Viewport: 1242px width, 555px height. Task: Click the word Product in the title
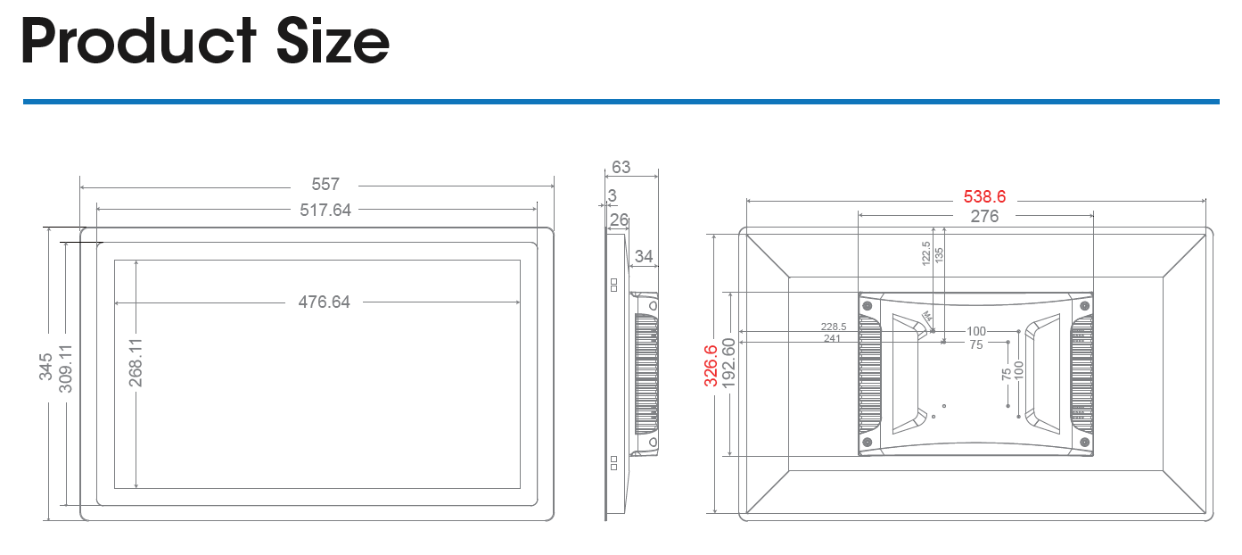138,41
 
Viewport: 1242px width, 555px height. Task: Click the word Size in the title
333,41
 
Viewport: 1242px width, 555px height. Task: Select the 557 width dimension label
325,185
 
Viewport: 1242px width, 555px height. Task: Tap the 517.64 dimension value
325,210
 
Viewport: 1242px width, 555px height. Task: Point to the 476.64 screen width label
325,302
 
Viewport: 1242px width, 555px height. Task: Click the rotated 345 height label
45,367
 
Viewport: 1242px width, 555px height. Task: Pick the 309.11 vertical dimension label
65,369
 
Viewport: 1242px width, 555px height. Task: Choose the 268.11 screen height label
136,363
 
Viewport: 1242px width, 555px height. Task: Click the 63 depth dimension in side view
621,167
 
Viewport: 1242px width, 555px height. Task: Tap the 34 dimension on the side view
644,256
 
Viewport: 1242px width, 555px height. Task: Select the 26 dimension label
620,220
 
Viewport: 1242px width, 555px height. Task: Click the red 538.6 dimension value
984,196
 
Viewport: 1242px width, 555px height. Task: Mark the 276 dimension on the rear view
984,217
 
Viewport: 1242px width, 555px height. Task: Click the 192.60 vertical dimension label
729,363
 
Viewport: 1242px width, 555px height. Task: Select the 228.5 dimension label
834,327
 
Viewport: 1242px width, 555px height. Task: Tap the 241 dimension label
832,338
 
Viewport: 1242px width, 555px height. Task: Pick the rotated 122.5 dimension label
926,253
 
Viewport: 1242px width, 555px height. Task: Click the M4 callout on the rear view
927,317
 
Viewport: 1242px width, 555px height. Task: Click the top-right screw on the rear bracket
1085,306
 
